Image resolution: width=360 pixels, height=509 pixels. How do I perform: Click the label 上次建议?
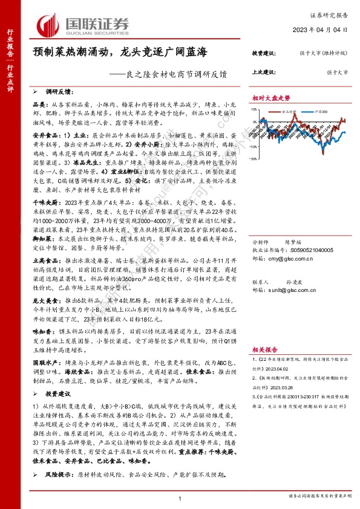(264, 72)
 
